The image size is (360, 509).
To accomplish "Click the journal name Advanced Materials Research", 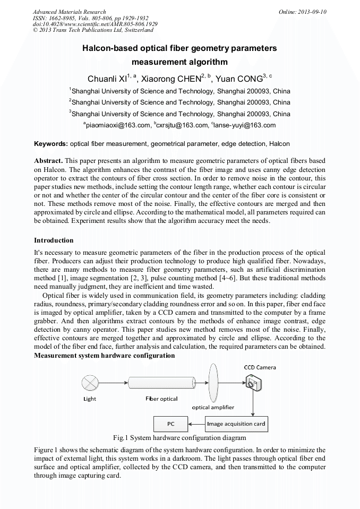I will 70,12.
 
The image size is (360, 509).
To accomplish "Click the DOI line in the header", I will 95,24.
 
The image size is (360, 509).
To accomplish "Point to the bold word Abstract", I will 49,160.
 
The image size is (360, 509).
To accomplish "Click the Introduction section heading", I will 54,240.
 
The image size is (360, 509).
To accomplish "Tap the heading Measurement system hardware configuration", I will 105,355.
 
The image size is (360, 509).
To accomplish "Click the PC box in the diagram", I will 170,424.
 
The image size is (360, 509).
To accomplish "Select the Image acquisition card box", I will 236,424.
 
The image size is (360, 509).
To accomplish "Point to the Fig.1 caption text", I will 179,438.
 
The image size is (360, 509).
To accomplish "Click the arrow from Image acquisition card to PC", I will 196,424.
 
